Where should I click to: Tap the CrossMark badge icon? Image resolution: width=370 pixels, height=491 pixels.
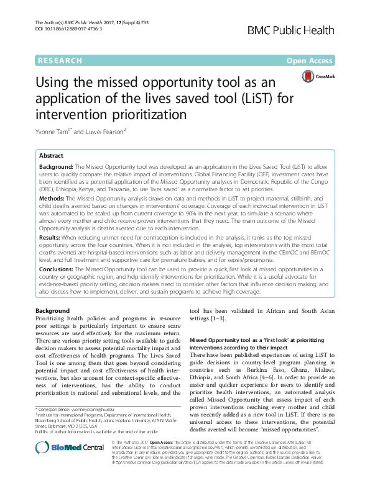[317, 76]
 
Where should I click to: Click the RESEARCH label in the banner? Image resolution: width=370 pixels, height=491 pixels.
[60, 61]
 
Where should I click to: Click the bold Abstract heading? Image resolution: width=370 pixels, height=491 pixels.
[53, 156]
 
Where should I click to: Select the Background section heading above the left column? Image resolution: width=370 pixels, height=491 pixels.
[52, 310]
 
